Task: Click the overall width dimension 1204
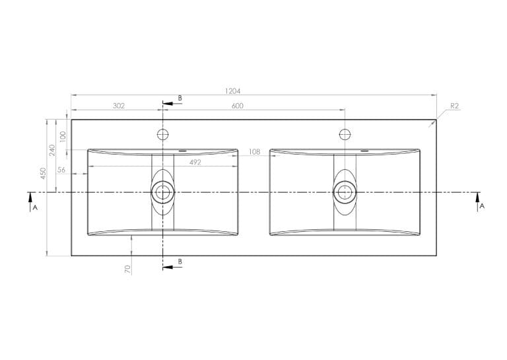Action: coord(233,91)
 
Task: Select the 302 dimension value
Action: coord(119,106)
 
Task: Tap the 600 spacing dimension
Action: coord(238,106)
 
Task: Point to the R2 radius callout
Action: coord(455,106)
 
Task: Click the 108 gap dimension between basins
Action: coord(254,151)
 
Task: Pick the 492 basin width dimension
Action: coord(195,162)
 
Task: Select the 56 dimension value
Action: coord(61,170)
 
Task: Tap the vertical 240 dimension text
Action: coord(52,150)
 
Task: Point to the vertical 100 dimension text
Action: coord(63,137)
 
